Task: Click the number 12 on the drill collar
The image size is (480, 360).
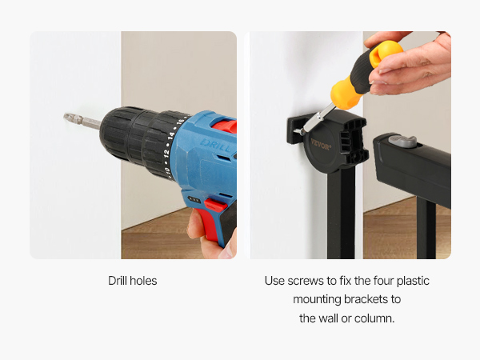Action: click(x=166, y=152)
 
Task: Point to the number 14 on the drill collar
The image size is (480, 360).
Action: click(x=171, y=135)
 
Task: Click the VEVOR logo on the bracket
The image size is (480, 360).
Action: click(x=321, y=145)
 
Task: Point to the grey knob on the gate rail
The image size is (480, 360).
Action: click(x=402, y=142)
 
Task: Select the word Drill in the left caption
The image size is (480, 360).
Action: click(x=118, y=281)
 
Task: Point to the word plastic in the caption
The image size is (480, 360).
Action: click(x=413, y=282)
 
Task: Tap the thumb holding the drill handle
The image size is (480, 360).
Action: click(x=195, y=224)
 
